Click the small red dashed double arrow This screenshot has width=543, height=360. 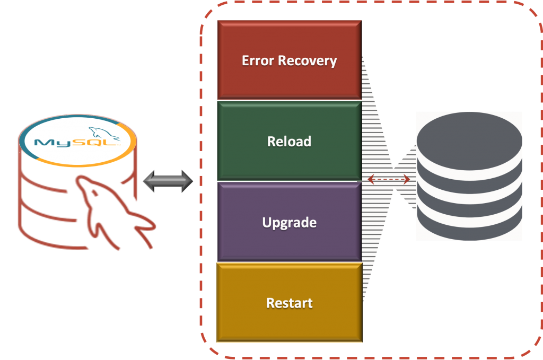coord(389,180)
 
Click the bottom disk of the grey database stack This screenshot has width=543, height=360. coord(469,223)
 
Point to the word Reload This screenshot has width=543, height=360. coord(289,142)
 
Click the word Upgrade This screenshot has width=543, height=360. coord(289,222)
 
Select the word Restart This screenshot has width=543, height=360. coord(289,303)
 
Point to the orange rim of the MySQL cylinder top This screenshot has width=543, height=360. coord(77,163)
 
